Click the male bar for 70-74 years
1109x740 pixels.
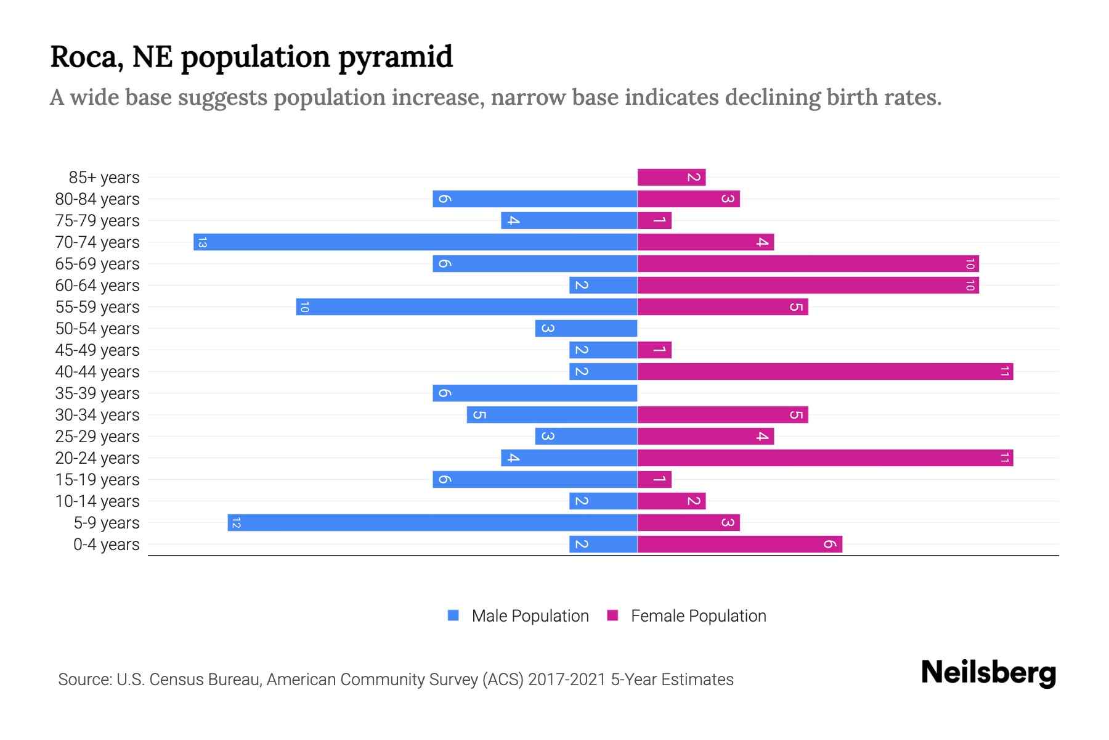tap(415, 242)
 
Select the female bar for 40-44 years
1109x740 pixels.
tap(825, 372)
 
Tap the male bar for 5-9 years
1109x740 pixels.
tap(433, 523)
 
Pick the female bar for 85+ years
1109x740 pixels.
tap(672, 178)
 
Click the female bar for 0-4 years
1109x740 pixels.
tap(739, 545)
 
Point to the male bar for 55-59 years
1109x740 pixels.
tap(466, 307)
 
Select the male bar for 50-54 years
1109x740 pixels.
tap(586, 329)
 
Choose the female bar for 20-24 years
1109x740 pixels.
tap(825, 458)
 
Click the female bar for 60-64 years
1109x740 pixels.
tap(808, 286)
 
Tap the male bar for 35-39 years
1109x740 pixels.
tap(535, 393)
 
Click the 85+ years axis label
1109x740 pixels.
tap(104, 178)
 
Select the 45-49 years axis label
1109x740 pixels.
tap(97, 350)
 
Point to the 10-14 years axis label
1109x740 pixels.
tap(97, 501)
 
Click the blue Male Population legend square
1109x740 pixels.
tap(453, 615)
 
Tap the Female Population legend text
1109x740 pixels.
tap(698, 616)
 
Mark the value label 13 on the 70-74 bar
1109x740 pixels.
tap(202, 242)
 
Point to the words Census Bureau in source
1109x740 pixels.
tap(205, 680)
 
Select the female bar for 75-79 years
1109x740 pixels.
tap(654, 221)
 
